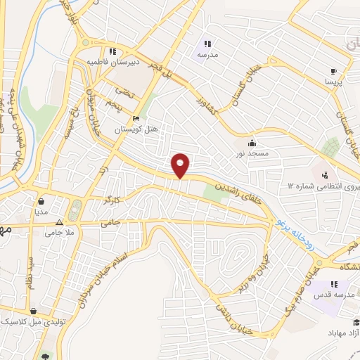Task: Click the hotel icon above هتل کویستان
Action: (x=136, y=118)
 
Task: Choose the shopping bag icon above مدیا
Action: (x=41, y=200)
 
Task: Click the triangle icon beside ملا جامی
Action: (x=59, y=220)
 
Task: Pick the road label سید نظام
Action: (x=30, y=271)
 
